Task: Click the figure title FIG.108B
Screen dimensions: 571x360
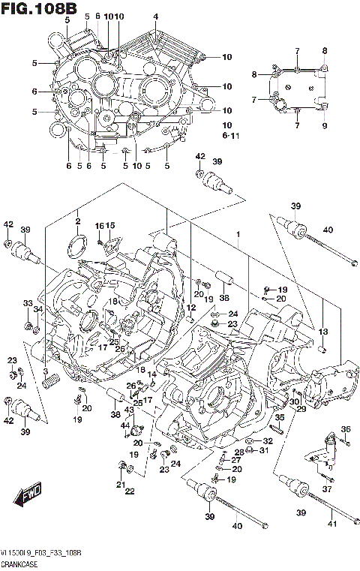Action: click(39, 8)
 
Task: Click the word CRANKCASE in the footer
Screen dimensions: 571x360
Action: click(20, 563)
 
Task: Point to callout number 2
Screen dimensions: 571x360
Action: click(76, 221)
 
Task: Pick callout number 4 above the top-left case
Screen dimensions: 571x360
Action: click(155, 16)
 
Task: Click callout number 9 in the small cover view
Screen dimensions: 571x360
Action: click(325, 126)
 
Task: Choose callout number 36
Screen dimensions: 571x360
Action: click(346, 429)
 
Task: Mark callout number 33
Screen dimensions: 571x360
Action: click(28, 303)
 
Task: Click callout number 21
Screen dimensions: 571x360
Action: click(119, 485)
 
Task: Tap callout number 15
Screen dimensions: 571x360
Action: click(110, 226)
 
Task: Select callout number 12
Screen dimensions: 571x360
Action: click(191, 308)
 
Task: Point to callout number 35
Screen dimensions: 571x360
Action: click(278, 418)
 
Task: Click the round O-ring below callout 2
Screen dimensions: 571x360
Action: click(76, 242)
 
